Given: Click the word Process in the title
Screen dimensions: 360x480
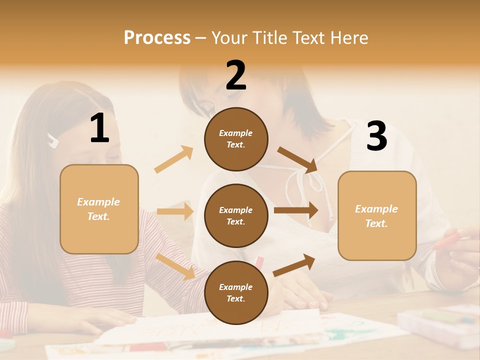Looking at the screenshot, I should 157,38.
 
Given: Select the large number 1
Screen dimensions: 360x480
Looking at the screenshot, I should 99,128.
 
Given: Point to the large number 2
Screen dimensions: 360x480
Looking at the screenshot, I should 236,75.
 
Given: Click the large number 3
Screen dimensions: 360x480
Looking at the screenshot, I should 376,136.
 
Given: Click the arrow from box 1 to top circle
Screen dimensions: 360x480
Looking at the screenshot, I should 174,159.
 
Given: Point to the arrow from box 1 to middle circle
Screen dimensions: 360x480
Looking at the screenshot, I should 175,211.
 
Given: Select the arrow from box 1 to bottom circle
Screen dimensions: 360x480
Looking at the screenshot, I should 175,266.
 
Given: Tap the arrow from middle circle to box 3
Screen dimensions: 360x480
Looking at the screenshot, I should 296,210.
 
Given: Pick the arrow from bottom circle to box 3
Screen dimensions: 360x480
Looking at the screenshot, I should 294,265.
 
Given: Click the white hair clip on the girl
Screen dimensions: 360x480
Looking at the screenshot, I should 53,140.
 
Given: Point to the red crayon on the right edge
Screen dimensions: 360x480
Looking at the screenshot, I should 450,239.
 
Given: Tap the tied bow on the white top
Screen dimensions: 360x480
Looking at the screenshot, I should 313,180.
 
